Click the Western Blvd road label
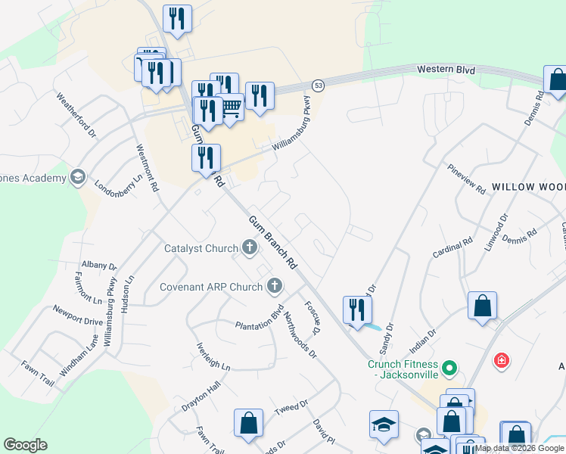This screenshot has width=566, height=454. coord(446,70)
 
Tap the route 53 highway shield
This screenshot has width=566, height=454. coord(319,84)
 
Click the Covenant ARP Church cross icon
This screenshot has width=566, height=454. coord(275,286)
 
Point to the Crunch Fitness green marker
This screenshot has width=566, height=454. coord(449,369)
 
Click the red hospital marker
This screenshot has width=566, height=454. coord(501,361)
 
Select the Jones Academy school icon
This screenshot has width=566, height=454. coord(77,178)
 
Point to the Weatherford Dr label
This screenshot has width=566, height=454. coord(76,115)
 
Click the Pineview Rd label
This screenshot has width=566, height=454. coord(466,179)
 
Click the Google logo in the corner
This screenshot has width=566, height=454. coord(25,445)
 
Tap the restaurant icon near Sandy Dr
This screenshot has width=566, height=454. coord(356,309)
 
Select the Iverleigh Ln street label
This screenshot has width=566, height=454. coord(214,355)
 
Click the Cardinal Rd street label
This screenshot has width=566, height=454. coord(452,246)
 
